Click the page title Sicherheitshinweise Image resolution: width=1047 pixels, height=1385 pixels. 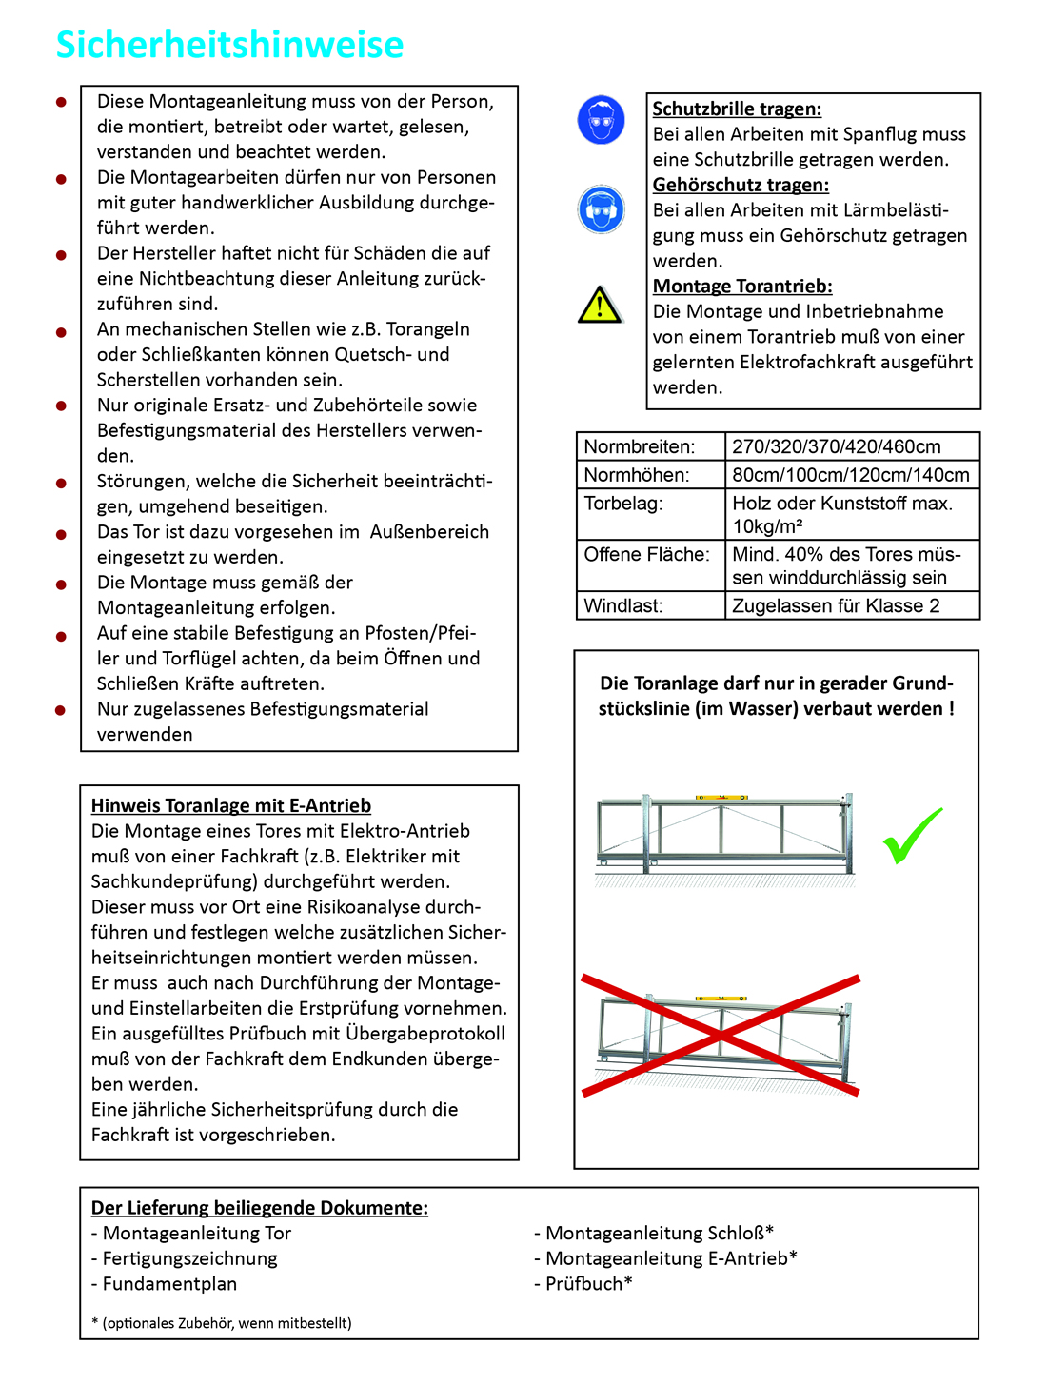229,44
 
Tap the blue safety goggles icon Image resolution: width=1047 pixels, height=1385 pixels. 601,120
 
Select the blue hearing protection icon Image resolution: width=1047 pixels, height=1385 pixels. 601,208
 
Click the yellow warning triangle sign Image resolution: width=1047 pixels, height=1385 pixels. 600,305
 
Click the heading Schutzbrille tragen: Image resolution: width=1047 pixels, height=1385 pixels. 737,109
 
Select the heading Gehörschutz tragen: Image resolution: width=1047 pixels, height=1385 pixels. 741,185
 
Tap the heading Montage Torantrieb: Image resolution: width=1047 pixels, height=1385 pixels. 742,286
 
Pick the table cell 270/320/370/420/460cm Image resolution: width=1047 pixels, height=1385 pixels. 836,446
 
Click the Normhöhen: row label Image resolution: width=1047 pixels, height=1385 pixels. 636,474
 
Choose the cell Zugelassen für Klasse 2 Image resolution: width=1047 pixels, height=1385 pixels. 835,605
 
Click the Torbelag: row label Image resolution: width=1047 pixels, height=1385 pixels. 623,503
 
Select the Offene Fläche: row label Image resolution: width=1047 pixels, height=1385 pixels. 646,554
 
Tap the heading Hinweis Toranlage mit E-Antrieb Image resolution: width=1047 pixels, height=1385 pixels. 231,805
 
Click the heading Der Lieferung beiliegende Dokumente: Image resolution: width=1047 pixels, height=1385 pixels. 259,1207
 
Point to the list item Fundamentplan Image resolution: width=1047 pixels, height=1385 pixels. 164,1283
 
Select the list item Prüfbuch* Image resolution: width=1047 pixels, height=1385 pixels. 583,1283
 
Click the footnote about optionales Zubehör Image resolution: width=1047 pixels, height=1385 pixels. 222,1322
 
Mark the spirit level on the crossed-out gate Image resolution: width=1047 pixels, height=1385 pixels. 721,999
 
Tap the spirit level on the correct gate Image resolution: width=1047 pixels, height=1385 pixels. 721,798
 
